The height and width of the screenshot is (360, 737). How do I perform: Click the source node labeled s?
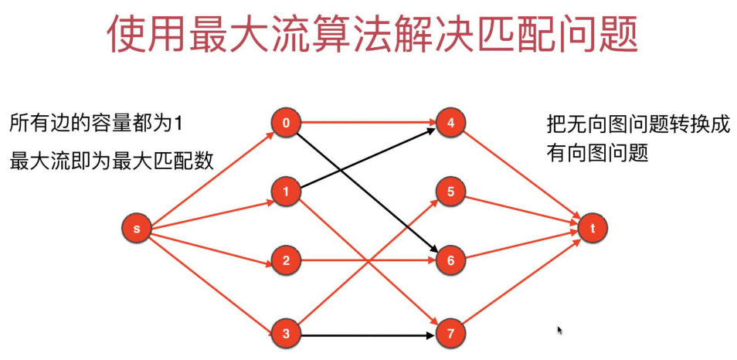(x=137, y=228)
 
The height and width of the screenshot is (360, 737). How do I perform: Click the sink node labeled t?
(x=593, y=228)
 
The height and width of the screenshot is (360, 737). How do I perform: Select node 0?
(x=285, y=122)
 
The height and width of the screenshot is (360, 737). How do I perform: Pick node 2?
(x=285, y=261)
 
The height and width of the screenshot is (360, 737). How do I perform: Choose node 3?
(x=285, y=334)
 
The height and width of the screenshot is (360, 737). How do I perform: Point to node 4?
(x=450, y=122)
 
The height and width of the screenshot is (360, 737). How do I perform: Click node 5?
(x=450, y=190)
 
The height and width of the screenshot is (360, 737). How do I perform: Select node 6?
(x=450, y=261)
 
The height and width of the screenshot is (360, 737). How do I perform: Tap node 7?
(x=450, y=334)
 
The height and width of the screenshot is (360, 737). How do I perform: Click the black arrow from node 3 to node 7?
(x=368, y=335)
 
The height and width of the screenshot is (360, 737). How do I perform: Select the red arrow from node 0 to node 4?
(x=368, y=122)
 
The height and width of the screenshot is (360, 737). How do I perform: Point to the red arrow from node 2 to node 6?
(x=368, y=261)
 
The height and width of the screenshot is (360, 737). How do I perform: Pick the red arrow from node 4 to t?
(x=522, y=175)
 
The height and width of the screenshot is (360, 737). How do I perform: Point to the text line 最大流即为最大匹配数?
(x=111, y=161)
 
